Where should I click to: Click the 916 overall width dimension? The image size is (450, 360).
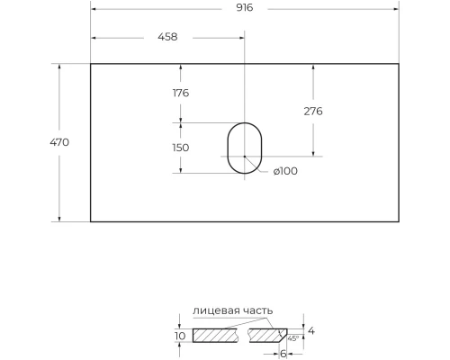click(x=245, y=7)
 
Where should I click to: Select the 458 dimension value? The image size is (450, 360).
click(x=167, y=37)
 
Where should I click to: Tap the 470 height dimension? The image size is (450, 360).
click(x=60, y=142)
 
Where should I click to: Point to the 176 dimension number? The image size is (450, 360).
click(x=181, y=93)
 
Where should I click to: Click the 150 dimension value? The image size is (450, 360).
click(x=181, y=148)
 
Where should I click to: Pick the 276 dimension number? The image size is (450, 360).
click(x=313, y=111)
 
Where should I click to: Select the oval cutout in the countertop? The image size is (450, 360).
click(x=241, y=148)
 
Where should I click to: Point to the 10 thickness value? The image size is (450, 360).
click(x=179, y=336)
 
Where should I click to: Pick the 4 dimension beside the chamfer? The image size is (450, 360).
click(x=311, y=331)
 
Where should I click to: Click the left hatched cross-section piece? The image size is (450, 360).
click(x=216, y=336)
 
